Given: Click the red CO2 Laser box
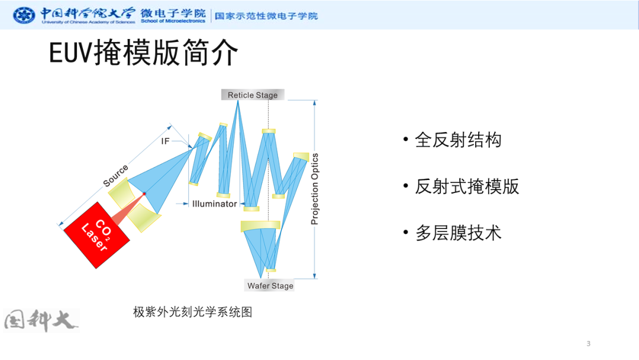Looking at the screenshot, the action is [96, 235].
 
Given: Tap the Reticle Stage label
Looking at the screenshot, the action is [253, 95].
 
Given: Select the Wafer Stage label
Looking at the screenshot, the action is [270, 285].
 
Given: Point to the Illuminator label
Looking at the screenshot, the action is [214, 204].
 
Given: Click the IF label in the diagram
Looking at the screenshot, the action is [165, 141].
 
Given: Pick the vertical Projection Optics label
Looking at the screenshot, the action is [315, 189].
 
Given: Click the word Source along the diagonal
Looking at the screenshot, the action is [115, 176].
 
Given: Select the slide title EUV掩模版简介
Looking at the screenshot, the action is [143, 53].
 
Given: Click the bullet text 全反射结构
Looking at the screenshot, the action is [458, 140].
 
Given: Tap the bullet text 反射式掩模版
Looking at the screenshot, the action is [467, 187].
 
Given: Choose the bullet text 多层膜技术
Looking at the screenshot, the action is [458, 233].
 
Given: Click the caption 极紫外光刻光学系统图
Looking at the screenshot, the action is [193, 312].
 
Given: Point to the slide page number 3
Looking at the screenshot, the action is [588, 343].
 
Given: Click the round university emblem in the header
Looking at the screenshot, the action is [24, 15].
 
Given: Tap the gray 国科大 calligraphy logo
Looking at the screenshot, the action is [41, 320].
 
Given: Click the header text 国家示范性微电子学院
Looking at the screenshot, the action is [266, 16].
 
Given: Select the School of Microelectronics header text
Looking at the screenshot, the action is [173, 21].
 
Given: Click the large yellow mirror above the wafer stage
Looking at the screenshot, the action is [260, 226].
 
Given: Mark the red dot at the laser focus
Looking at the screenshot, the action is [144, 194].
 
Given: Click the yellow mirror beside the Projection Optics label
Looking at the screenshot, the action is [301, 156].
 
